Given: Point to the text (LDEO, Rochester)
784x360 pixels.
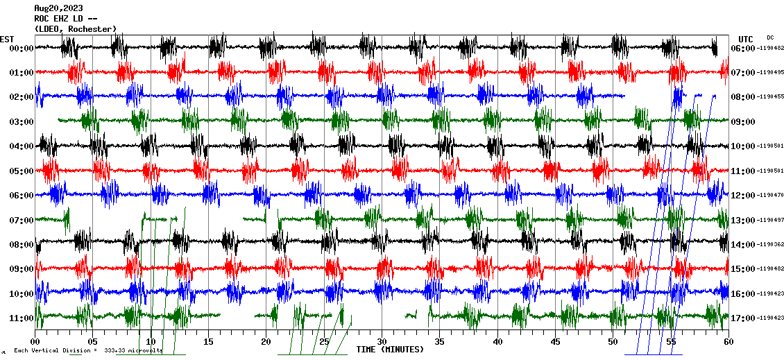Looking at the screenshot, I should pos(75,28).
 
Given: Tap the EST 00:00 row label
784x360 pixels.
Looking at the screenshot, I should pos(22,48).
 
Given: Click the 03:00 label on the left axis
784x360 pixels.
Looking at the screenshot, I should pos(22,121).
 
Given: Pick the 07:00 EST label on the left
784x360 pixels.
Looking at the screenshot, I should pos(22,220).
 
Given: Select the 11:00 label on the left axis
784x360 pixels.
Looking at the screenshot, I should pos(22,318).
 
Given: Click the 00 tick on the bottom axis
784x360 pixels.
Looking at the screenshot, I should pos(35,341).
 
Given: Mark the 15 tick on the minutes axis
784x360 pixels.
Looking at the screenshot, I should pos(208,341).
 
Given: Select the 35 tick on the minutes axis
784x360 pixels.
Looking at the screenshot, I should pos(439,341).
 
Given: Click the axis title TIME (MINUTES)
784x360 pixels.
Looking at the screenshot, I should pos(390,350).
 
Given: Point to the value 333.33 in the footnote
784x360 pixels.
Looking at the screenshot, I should pos(116,350).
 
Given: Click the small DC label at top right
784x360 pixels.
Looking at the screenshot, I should pos(770,37).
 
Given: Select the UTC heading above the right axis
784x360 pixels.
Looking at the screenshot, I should pos(745,39).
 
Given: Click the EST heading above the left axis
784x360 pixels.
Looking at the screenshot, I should pos(8,39).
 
